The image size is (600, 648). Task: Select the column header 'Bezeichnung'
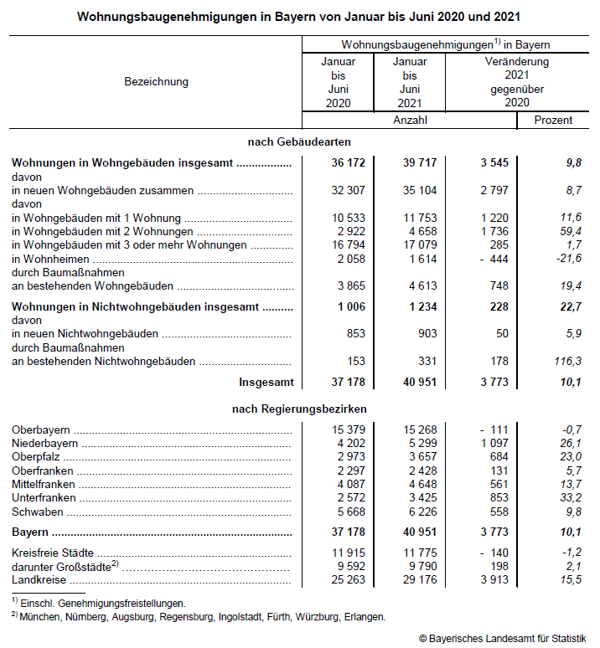click(x=157, y=81)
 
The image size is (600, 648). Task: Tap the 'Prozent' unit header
click(x=553, y=120)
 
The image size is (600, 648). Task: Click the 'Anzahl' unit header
click(x=411, y=120)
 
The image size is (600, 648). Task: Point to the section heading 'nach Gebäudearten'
click(x=299, y=141)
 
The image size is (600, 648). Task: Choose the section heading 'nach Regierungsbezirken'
click(x=299, y=409)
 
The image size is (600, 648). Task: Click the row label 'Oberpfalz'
click(x=37, y=456)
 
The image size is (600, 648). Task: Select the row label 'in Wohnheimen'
click(x=49, y=258)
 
